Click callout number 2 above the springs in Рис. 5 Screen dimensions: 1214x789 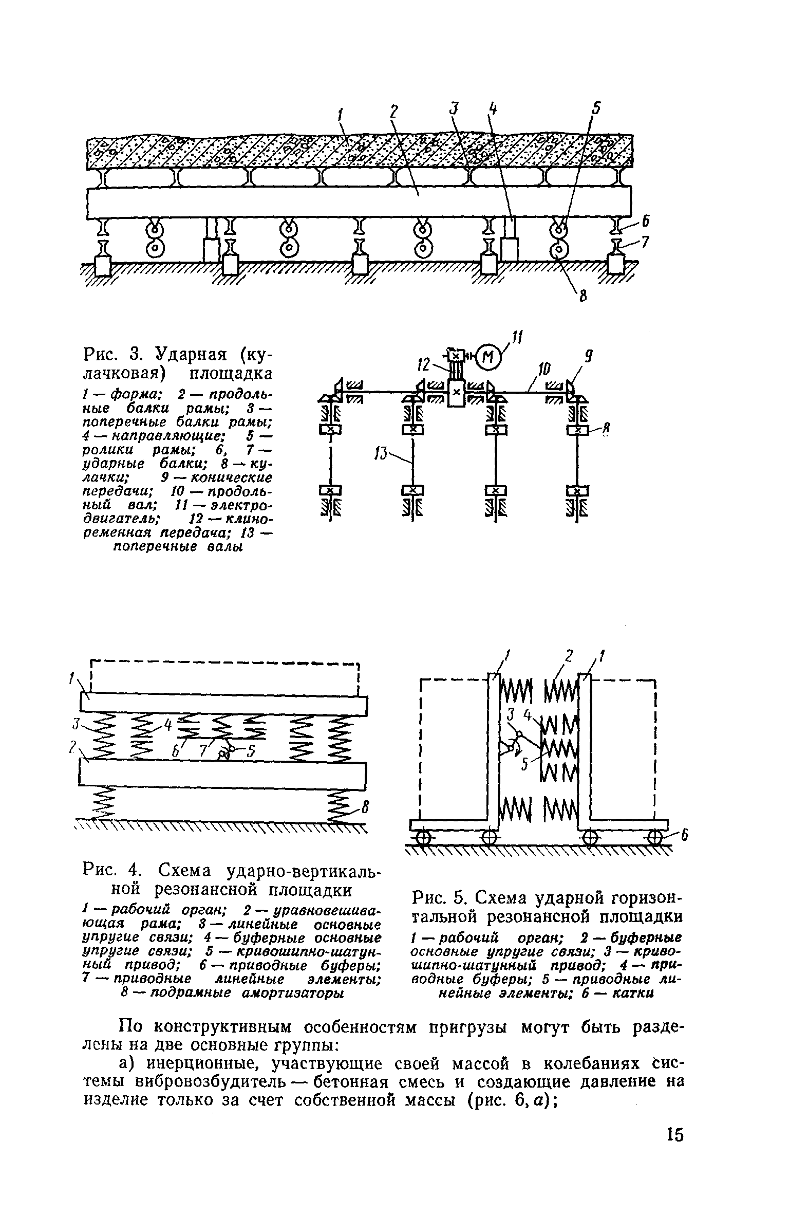click(x=569, y=655)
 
